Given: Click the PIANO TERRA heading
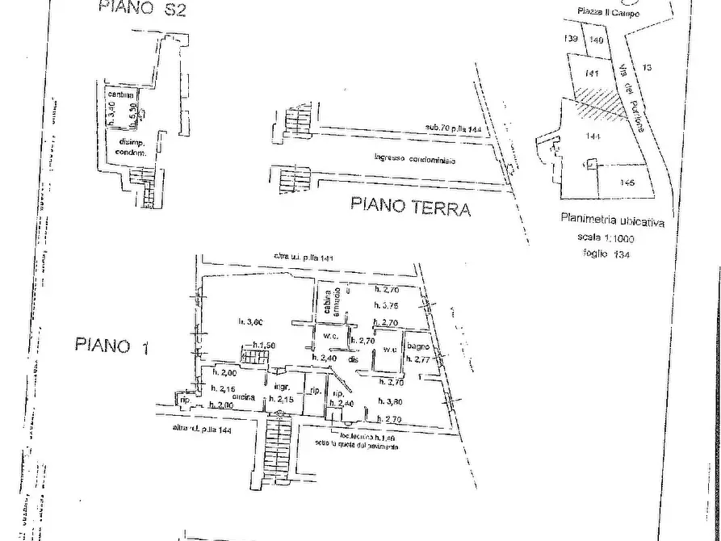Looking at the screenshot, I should tap(410, 206).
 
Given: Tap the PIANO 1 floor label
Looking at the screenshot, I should tap(113, 346).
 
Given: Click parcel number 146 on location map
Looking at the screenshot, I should tap(627, 182).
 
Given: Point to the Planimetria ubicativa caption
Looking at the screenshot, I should tap(611, 220).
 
